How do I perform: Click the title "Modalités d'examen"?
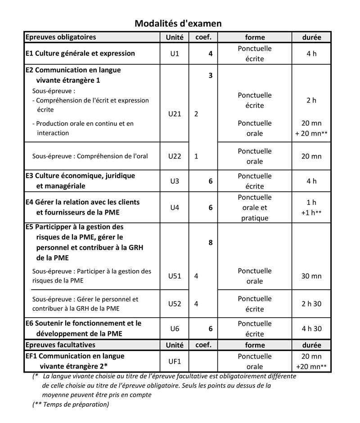(178, 23)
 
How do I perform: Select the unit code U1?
(175, 54)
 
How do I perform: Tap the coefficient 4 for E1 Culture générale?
(210, 54)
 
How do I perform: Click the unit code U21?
(175, 114)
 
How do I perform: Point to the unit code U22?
(175, 156)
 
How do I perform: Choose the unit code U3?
(175, 181)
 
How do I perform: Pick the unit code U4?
(175, 207)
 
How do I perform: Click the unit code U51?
(175, 276)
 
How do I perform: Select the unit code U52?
(175, 304)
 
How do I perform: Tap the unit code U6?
(175, 328)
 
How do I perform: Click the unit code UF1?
(175, 361)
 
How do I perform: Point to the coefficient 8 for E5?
(210, 243)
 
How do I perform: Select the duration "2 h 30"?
(311, 304)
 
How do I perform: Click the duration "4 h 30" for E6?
(311, 328)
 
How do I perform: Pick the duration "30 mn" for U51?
(311, 276)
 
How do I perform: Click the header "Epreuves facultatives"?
(60, 345)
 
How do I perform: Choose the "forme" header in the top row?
(255, 37)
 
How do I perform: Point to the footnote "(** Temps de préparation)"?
(71, 404)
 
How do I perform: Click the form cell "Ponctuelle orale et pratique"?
(255, 207)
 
